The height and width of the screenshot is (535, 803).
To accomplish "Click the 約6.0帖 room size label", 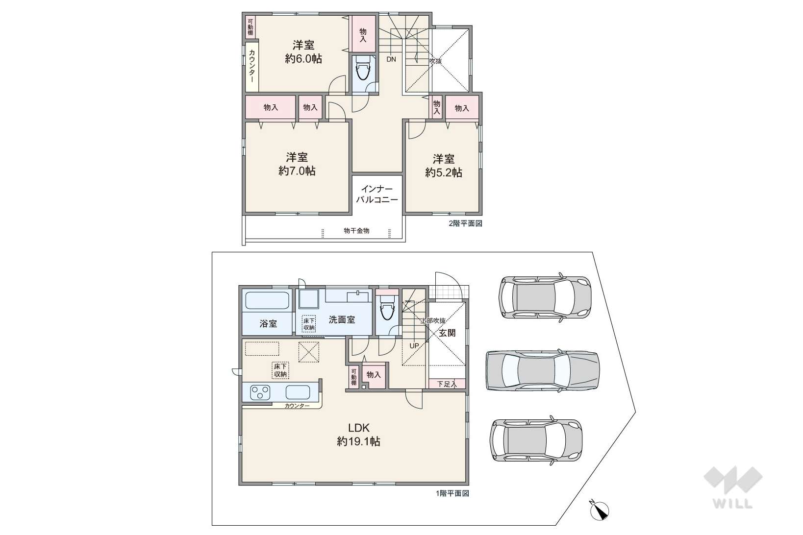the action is tap(303, 59).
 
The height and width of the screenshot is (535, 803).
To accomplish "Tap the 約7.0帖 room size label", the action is tap(297, 171).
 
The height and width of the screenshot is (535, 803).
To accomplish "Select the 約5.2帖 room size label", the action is tap(444, 173).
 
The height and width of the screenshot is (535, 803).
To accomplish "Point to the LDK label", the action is tap(358, 428).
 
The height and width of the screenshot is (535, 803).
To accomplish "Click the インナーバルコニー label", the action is tap(377, 194).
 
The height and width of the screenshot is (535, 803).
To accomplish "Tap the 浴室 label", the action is tap(268, 323).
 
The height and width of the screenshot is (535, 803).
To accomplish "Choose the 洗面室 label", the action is tap(342, 319).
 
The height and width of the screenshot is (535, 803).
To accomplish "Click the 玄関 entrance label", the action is tap(447, 333).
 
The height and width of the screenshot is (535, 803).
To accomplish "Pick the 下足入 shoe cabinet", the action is tap(447, 384).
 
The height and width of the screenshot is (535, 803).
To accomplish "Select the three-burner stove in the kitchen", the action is tap(260, 392).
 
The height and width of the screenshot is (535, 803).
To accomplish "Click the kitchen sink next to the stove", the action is tap(298, 392).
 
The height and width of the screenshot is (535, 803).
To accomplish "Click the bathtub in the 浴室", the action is tap(267, 300).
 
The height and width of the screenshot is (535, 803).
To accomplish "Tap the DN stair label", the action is tap(391, 59).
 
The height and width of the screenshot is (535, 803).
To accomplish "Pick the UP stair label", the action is tap(414, 346).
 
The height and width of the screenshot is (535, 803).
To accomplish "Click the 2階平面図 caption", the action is tap(465, 223).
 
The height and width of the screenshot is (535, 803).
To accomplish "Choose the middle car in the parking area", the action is tap(542, 370).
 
